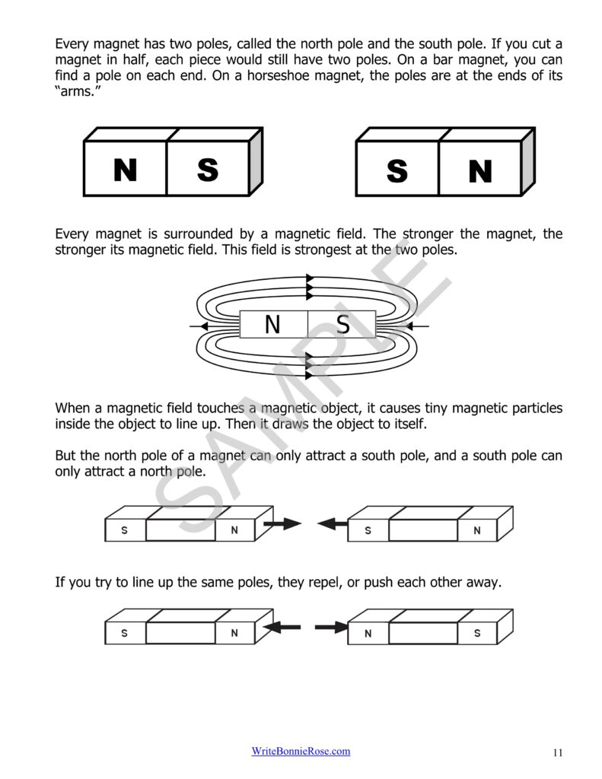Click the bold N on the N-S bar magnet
tap(125, 170)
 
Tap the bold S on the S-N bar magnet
tap(397, 171)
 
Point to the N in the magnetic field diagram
tap(272, 325)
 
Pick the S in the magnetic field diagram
tap(342, 325)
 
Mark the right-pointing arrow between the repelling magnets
tap(331, 628)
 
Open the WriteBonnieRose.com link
tap(301, 752)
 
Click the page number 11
tap(557, 753)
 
